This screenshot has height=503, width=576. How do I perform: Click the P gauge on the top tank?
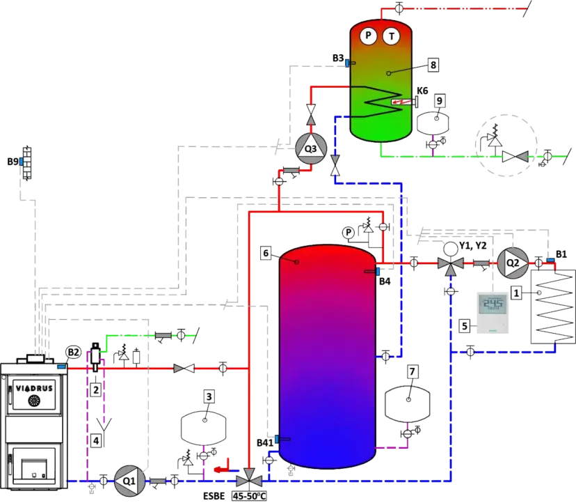click(x=369, y=36)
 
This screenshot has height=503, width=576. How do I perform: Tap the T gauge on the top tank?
click(x=393, y=36)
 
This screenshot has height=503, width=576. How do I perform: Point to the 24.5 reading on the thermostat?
click(x=493, y=304)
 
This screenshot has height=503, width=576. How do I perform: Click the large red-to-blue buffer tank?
click(x=328, y=355)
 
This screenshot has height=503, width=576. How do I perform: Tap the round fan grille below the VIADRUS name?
click(x=32, y=401)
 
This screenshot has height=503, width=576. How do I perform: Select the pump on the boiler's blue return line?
click(x=127, y=479)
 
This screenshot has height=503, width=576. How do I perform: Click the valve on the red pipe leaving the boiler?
click(x=183, y=368)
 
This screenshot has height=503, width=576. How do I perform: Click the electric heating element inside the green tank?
click(x=402, y=103)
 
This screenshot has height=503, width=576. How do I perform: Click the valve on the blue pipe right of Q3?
click(x=335, y=168)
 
